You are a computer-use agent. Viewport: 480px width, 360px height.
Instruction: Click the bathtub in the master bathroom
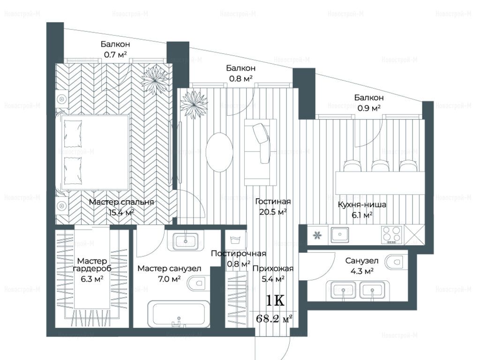179,314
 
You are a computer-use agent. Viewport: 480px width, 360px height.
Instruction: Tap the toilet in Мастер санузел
197,283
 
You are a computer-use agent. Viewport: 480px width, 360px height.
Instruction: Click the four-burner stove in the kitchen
391,235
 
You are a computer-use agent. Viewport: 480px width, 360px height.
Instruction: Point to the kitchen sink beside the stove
339,235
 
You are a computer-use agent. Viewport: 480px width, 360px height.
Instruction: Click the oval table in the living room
219,152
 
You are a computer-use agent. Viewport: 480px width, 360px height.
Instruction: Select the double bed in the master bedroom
95,152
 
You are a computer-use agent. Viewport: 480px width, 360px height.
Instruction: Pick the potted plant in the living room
194,105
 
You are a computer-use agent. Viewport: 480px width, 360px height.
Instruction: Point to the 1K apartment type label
275,301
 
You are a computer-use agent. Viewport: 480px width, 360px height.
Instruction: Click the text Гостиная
273,202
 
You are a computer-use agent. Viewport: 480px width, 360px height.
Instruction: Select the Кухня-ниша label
362,204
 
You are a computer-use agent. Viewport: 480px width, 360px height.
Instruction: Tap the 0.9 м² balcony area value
369,108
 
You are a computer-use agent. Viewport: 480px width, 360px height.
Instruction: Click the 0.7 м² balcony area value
115,55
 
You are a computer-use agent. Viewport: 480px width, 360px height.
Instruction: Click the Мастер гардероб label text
92,265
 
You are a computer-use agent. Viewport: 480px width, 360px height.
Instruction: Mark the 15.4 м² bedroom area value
121,212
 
